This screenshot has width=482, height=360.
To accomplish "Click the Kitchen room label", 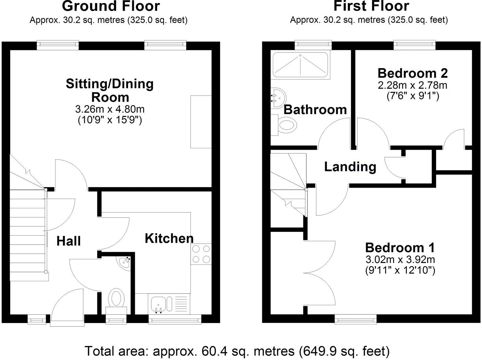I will (x=169, y=238).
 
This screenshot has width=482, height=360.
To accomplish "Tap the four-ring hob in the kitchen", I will (x=201, y=254).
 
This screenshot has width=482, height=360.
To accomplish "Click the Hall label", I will (x=69, y=241).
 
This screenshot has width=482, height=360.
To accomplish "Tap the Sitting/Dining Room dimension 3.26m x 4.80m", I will (x=110, y=110).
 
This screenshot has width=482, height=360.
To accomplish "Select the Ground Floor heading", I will (x=111, y=6).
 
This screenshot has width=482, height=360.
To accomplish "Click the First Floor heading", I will (x=371, y=6).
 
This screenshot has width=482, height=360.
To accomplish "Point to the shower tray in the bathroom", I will (x=300, y=65).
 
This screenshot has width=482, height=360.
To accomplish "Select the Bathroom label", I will (x=315, y=110).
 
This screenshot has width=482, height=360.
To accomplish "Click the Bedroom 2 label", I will (x=413, y=73).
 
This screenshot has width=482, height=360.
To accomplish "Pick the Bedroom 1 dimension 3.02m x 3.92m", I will (x=400, y=259).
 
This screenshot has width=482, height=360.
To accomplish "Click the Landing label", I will (x=350, y=167).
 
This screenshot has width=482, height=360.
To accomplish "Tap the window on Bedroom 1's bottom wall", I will (x=356, y=320).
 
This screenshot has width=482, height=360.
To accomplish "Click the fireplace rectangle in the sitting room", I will (x=201, y=122).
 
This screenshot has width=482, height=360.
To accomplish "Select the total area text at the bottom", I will (x=237, y=351).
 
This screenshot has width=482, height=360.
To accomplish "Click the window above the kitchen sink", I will (x=175, y=320).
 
